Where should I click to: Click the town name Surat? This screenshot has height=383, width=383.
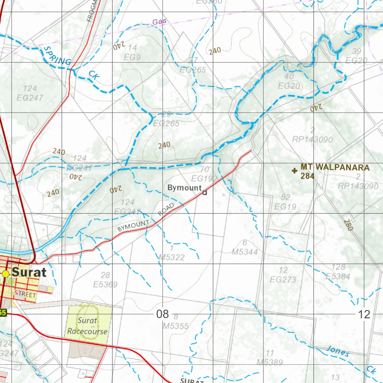click(x=29, y=272)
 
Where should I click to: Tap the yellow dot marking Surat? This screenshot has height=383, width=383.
click(x=6, y=274)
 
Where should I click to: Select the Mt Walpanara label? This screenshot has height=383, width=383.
click(x=335, y=168)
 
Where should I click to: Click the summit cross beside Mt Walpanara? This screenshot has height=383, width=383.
click(x=295, y=171)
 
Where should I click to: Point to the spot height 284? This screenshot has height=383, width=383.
click(x=307, y=176)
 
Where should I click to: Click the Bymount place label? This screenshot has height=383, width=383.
click(x=184, y=188)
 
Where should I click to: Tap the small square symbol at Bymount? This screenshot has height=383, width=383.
click(x=205, y=193)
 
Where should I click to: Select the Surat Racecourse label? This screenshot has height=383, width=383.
click(x=88, y=326)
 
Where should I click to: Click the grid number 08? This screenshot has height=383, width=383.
click(x=162, y=314)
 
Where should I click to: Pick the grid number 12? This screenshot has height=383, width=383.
click(x=364, y=314)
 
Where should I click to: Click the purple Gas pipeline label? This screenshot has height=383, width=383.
click(x=159, y=22)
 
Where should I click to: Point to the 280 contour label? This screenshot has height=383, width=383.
click(x=348, y=225)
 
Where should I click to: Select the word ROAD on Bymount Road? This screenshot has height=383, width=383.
click(x=166, y=209)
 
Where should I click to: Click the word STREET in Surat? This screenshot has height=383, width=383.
click(x=25, y=295)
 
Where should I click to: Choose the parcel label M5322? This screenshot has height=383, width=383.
click(x=172, y=257)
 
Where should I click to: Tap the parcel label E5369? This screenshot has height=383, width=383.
click(x=105, y=285)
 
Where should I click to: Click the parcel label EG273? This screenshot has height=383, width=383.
click(x=283, y=279)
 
